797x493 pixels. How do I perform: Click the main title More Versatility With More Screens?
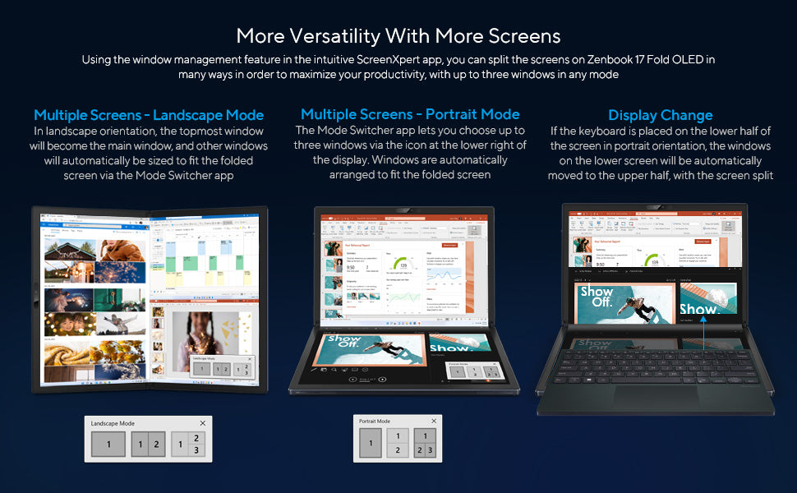click(x=398, y=35)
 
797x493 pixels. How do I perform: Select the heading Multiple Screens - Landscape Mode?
click(x=149, y=115)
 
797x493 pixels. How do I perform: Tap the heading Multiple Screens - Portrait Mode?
click(x=410, y=114)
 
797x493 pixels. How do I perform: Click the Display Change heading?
click(x=660, y=115)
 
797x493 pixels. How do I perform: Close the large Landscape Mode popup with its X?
click(x=203, y=423)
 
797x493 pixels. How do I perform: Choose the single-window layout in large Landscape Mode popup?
click(x=108, y=445)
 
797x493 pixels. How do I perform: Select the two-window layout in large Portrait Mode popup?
click(x=397, y=444)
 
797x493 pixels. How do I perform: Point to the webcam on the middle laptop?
click(x=403, y=211)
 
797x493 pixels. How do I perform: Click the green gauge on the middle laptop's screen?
click(x=401, y=265)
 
